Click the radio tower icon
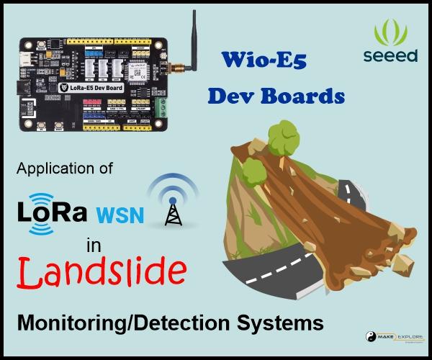pyautogui.click(x=172, y=204)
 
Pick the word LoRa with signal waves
pyautogui.click(x=50, y=213)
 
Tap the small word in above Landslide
pyautogui.click(x=94, y=246)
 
